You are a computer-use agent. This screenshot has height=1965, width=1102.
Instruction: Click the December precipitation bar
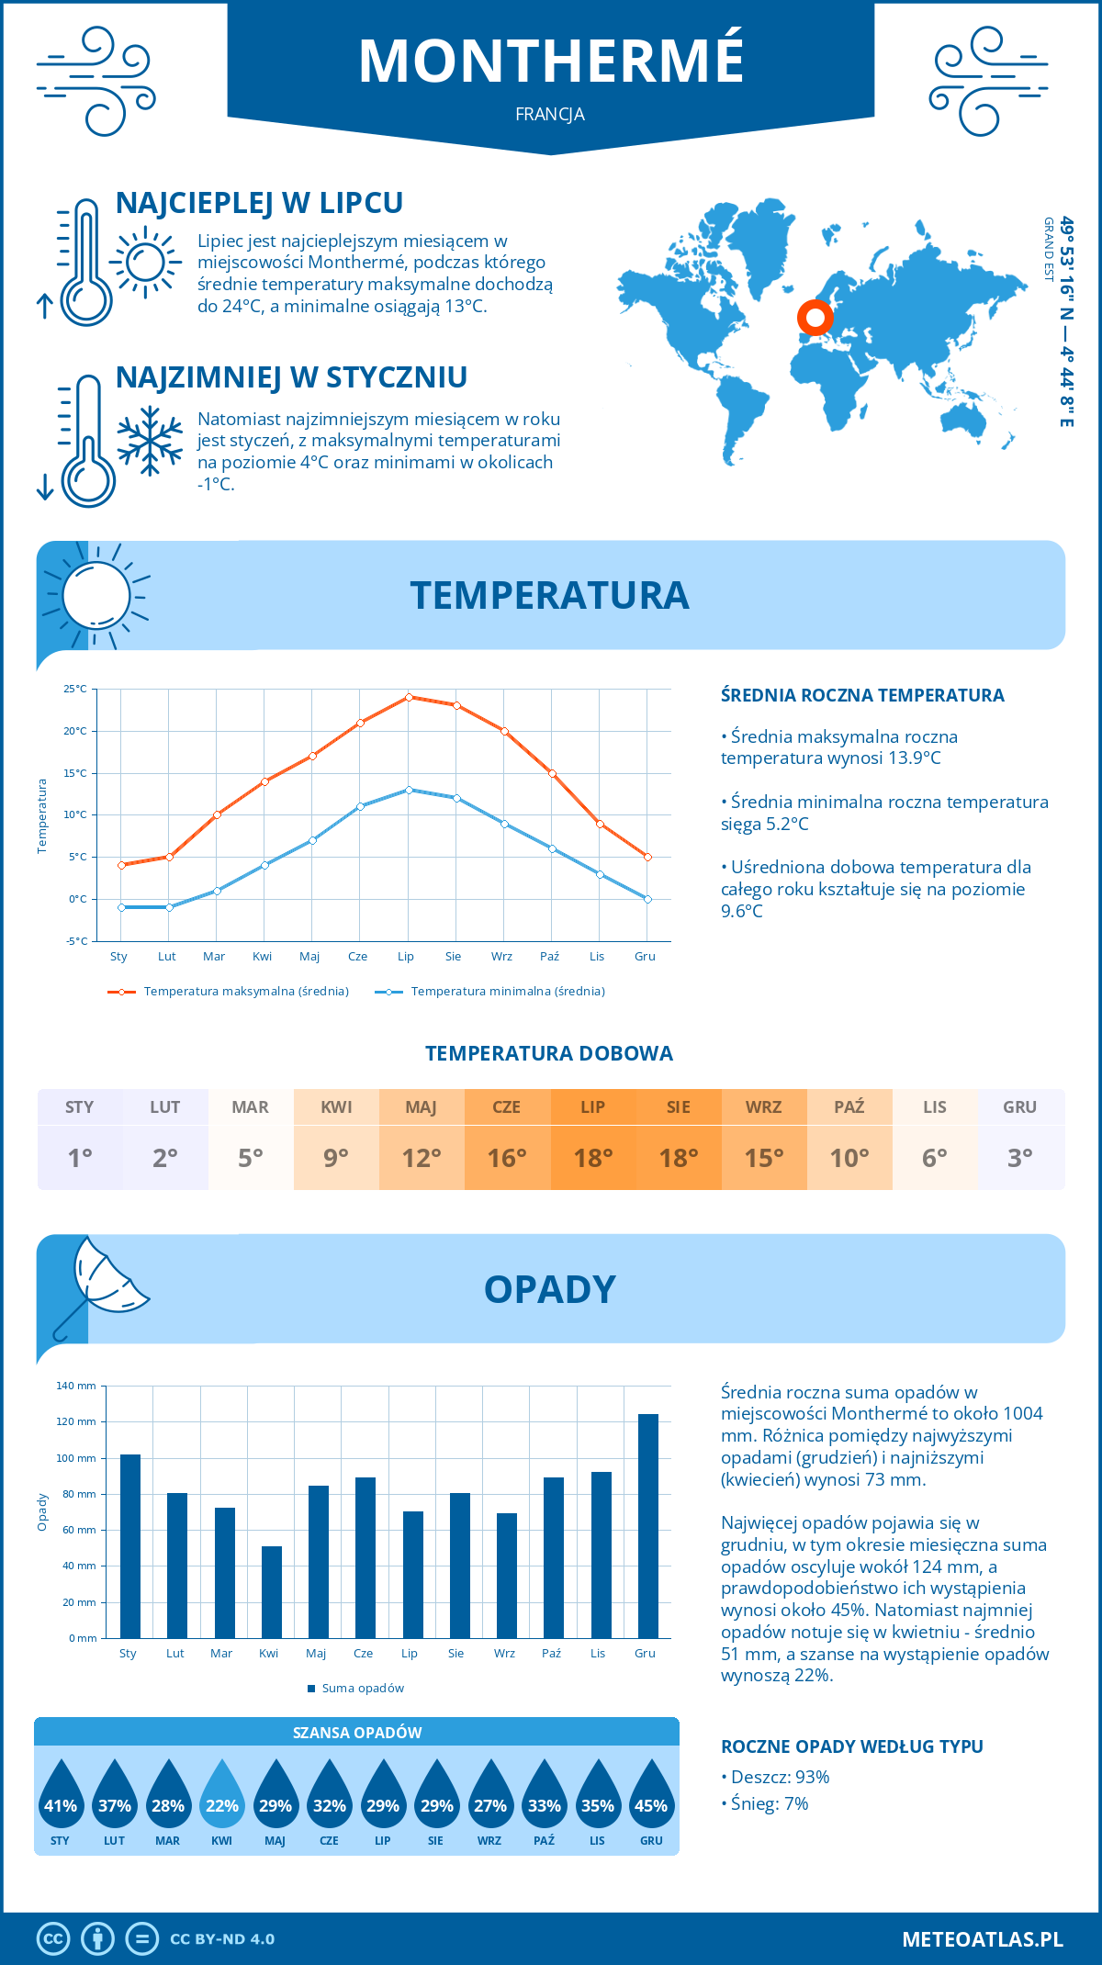[648, 1526]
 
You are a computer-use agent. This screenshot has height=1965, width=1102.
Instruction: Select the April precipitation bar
[272, 1592]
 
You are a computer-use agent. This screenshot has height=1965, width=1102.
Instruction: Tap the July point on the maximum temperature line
[409, 697]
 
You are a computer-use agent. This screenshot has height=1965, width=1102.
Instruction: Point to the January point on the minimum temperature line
[121, 907]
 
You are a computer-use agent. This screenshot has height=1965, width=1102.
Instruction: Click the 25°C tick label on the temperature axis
[75, 689]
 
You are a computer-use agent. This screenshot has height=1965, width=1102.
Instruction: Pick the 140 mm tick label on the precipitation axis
[76, 1386]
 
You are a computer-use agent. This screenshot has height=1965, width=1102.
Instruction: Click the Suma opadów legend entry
[362, 1688]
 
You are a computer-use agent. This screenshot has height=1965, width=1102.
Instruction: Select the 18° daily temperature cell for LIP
[593, 1157]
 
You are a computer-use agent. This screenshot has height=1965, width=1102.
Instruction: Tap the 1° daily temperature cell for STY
[80, 1157]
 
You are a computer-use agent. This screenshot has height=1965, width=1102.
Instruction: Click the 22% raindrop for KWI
[222, 1796]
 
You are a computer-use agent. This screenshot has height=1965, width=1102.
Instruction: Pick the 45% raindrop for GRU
[651, 1796]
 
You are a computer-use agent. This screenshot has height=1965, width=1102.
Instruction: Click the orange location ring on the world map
[815, 318]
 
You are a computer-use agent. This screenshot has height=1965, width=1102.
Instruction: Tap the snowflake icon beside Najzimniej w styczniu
[150, 441]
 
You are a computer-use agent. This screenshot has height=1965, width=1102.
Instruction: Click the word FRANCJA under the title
[550, 115]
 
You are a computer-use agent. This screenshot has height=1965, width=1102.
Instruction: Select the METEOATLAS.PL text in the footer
[982, 1939]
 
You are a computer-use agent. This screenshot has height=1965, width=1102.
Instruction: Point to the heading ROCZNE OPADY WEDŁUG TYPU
[851, 1746]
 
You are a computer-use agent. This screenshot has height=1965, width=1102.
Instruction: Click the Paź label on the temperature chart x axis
[549, 957]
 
